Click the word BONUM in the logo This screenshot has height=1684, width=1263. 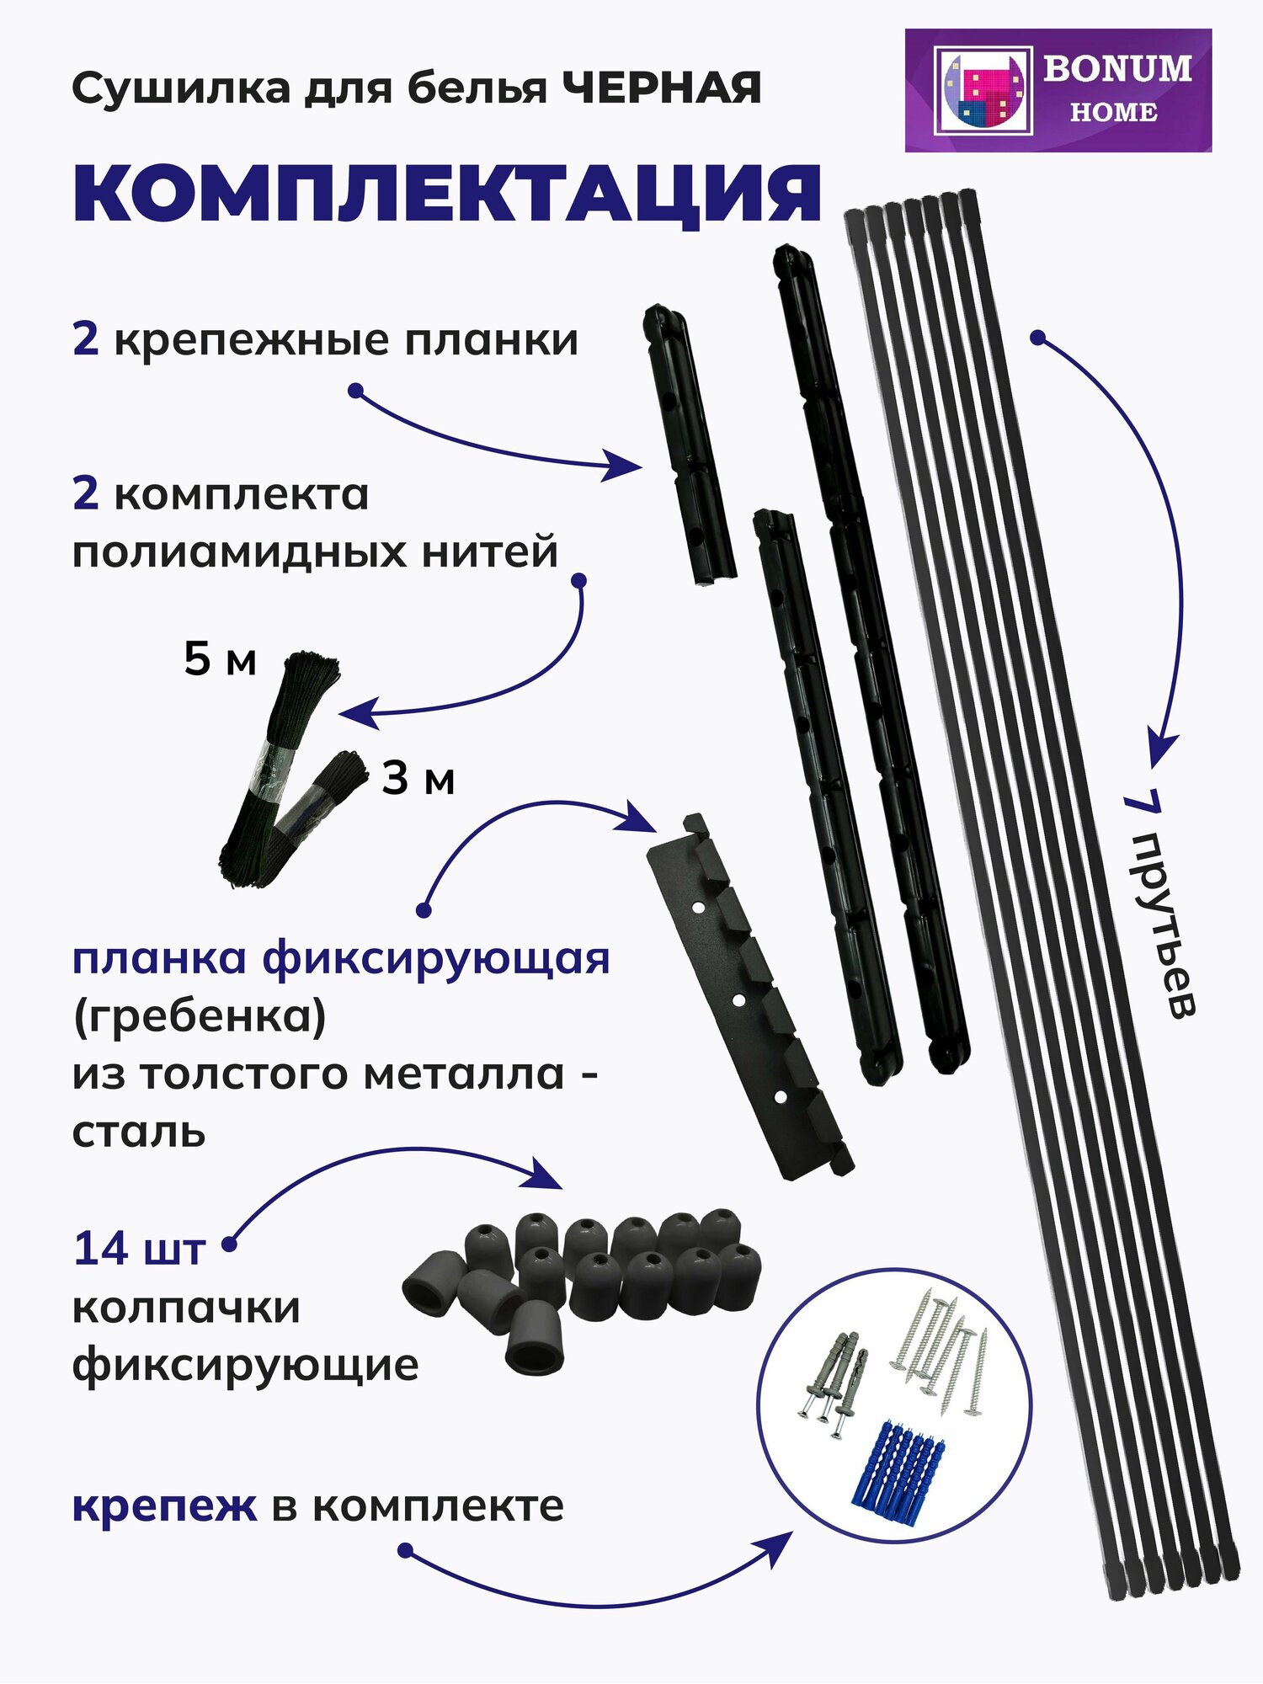[x=1117, y=68]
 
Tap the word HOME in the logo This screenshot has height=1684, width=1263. [x=1113, y=112]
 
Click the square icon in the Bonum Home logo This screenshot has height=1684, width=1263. [x=983, y=91]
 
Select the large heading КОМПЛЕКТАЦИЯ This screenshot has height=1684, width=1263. [x=447, y=195]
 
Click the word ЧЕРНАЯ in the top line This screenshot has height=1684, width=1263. [x=662, y=88]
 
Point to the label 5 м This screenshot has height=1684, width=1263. [x=220, y=659]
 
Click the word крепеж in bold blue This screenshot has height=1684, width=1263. [x=164, y=1507]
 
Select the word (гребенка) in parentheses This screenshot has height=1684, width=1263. [x=199, y=1016]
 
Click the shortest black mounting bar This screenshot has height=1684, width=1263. [x=690, y=446]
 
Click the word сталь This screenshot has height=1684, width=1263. [x=139, y=1132]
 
